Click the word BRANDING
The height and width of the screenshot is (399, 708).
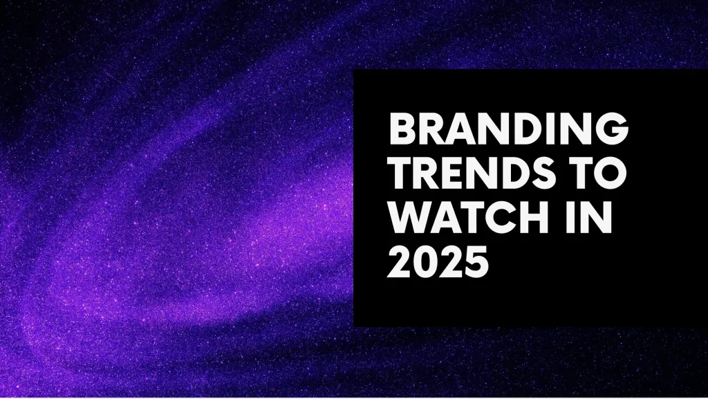508,129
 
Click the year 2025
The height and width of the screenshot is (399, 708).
438,262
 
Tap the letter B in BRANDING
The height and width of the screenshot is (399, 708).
402,129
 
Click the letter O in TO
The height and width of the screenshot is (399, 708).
610,174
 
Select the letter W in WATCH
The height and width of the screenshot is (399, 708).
409,218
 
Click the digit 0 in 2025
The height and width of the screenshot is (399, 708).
426,262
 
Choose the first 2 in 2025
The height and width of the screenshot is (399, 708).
400,262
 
